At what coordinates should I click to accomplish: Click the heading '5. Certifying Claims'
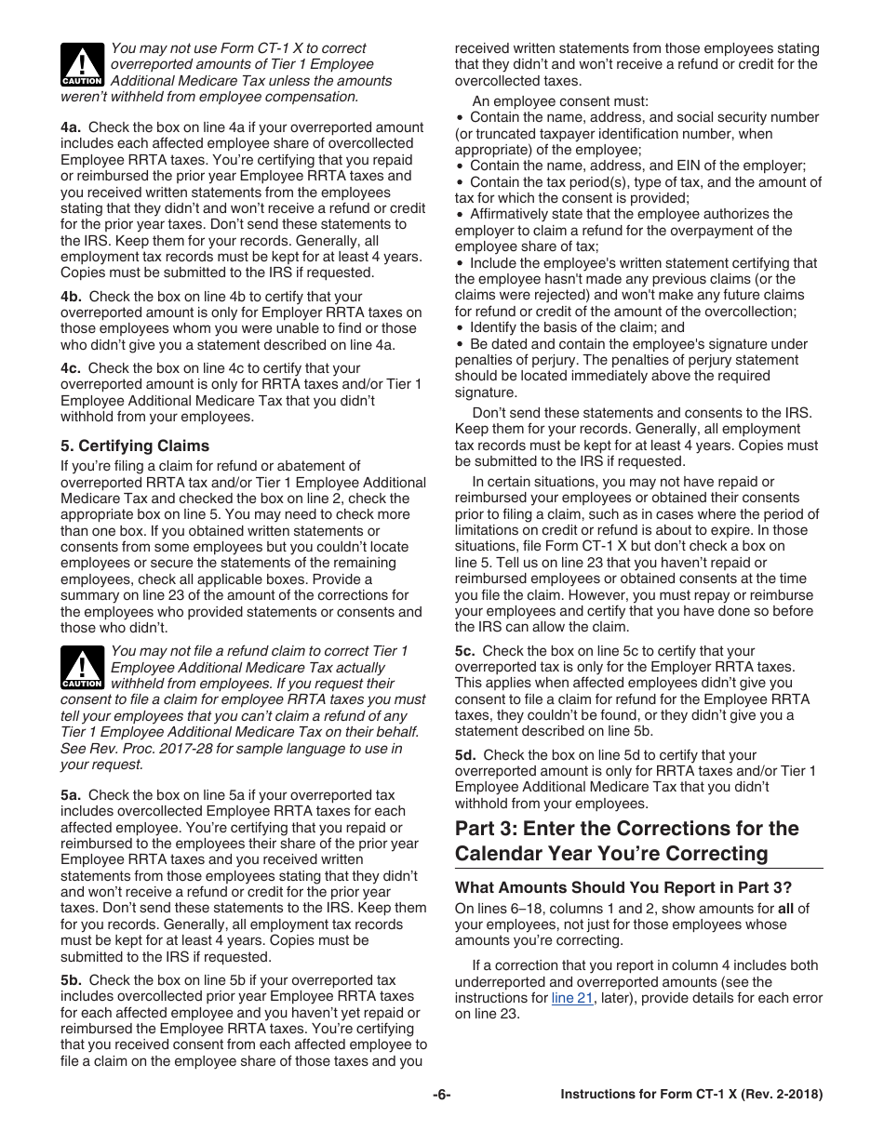pyautogui.click(x=135, y=446)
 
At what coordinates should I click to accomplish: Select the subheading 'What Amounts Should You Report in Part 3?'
pyautogui.click(x=625, y=886)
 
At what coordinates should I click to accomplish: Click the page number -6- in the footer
pyautogui.click(x=441, y=1095)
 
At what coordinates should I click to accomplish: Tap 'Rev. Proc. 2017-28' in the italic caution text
pyautogui.click(x=151, y=749)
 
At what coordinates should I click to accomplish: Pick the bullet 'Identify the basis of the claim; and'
pyautogui.click(x=576, y=327)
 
